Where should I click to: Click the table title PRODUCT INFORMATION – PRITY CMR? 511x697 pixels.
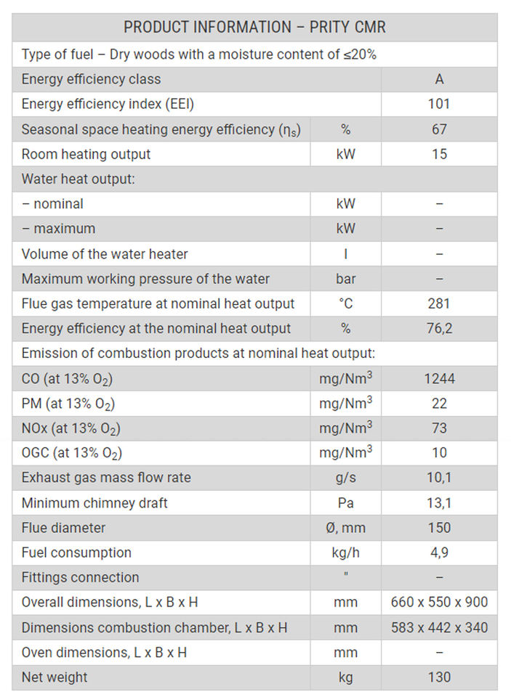click(254, 28)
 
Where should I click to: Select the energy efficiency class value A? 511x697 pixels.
click(439, 79)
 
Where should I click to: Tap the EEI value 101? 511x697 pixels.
click(439, 104)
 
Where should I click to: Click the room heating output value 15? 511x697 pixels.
click(439, 154)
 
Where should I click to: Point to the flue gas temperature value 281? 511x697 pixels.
click(439, 303)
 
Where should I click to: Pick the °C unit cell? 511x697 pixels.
click(345, 303)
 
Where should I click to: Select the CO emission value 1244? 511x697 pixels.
click(439, 378)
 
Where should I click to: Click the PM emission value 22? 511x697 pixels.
click(439, 403)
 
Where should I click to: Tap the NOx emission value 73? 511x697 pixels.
click(439, 428)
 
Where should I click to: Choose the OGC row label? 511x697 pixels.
click(72, 454)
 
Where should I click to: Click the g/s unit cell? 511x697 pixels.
click(345, 478)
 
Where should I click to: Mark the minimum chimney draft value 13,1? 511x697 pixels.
click(439, 502)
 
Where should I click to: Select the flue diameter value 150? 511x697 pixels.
click(439, 528)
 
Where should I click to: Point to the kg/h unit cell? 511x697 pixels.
click(345, 553)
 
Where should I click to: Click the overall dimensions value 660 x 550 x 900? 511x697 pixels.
click(439, 602)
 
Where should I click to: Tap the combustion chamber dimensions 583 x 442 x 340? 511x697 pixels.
click(439, 627)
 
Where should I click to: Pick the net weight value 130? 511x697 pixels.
click(439, 677)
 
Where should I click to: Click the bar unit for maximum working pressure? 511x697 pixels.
click(345, 279)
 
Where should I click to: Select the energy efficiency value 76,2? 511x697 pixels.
click(439, 328)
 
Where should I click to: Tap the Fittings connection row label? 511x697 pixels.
click(80, 577)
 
